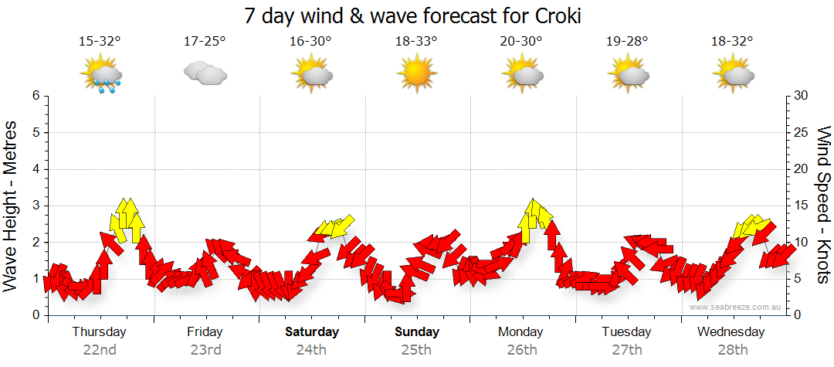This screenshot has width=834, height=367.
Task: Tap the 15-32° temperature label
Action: (100, 42)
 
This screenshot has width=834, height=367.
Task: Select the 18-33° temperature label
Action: (415, 42)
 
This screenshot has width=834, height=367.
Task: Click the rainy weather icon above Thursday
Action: (102, 76)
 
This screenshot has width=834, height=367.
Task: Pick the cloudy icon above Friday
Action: (205, 74)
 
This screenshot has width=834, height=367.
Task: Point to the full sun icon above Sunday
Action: (415, 74)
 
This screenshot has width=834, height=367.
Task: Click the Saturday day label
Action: (312, 332)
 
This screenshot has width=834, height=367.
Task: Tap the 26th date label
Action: (522, 350)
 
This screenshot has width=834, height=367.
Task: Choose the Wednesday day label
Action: (731, 332)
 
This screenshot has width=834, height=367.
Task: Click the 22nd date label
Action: (100, 350)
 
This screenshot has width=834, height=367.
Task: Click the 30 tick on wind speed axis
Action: (802, 96)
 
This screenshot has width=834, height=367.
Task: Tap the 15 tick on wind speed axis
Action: (802, 206)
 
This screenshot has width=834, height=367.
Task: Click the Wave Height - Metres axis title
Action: (12, 206)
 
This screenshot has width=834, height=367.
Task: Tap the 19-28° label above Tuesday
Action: (627, 42)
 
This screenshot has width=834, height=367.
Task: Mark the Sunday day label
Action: (417, 332)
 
